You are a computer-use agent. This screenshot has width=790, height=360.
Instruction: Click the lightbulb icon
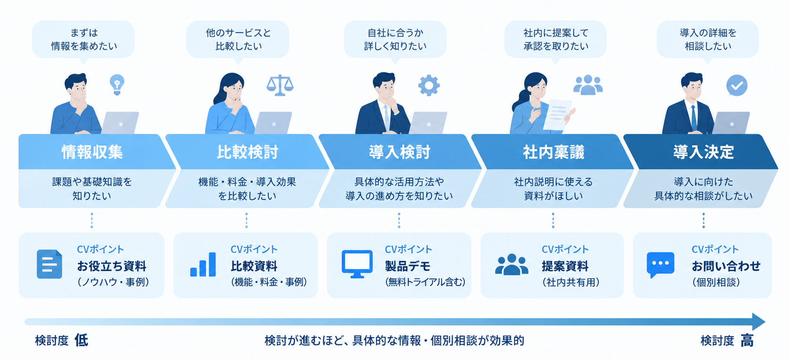point(117,84)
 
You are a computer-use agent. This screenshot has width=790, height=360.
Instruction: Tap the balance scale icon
point(280,86)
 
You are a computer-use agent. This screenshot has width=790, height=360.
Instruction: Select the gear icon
point(429,86)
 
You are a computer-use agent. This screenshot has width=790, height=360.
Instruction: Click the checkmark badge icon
point(737,86)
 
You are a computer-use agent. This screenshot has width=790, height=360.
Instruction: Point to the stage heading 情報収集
point(92,152)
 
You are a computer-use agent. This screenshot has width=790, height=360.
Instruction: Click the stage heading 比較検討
point(247,152)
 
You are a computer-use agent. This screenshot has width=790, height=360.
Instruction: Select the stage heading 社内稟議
point(553,152)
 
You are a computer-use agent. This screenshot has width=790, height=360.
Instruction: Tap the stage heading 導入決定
point(704,152)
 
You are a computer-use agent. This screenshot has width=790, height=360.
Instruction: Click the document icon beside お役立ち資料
point(49,264)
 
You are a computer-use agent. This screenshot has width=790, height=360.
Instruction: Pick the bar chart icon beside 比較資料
point(203,265)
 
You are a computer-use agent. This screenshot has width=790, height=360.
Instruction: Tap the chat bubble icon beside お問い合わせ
point(660,265)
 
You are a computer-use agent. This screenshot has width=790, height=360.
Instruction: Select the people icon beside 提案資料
point(511,264)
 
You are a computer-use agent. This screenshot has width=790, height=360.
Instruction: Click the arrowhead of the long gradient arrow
point(758,322)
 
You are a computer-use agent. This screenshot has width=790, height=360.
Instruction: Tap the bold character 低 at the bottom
point(81,341)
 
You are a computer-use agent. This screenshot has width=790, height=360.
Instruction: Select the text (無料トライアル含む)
point(425,282)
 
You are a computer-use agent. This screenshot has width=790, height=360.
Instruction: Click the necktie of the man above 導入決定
point(693,118)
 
